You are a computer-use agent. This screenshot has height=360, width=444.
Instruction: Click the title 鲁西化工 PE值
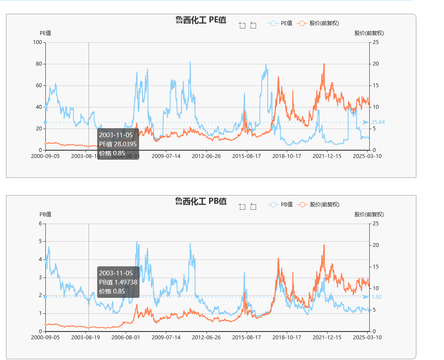(201, 20)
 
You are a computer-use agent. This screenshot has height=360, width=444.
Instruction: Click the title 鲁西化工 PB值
(201, 201)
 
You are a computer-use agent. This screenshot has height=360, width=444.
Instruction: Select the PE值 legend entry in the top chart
(281, 23)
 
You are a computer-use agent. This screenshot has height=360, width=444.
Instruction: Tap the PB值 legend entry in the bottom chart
(281, 205)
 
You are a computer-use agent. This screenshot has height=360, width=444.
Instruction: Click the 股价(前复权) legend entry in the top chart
(319, 23)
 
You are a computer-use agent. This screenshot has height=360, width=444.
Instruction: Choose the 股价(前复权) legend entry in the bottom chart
(319, 205)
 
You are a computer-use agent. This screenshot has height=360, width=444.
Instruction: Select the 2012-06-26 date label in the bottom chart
(206, 337)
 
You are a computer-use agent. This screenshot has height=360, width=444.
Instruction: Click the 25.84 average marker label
(378, 122)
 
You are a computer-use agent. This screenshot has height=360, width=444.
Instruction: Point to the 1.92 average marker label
(377, 297)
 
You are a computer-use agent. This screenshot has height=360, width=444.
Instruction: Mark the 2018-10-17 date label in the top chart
(287, 156)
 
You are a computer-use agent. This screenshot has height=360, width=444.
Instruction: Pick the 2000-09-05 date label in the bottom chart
(45, 337)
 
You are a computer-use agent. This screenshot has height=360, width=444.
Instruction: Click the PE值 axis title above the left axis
(45, 33)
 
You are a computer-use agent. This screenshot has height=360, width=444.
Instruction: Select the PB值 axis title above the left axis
(45, 214)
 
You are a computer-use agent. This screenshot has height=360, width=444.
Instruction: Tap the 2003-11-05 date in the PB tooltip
(116, 273)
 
